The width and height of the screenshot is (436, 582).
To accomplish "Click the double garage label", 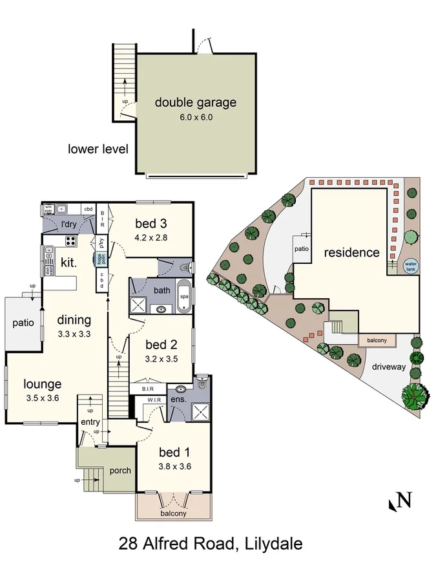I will pos(195,102).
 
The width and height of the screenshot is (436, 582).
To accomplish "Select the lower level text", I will pos(98,149).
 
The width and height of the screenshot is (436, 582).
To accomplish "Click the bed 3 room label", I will pos(151,224).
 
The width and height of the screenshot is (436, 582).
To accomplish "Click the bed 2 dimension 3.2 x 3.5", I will pos(160,358).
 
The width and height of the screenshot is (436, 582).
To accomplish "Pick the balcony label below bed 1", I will pos(173,514).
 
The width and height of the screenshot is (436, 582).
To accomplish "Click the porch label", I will pos(120,470).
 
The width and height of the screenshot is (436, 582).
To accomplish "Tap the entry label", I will pos(90,423).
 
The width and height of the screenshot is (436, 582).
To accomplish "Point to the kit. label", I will pos(69,263).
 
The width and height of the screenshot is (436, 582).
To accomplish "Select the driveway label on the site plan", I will pos(389,367).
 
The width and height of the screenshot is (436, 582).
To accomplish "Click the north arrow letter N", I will pos(404,500).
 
